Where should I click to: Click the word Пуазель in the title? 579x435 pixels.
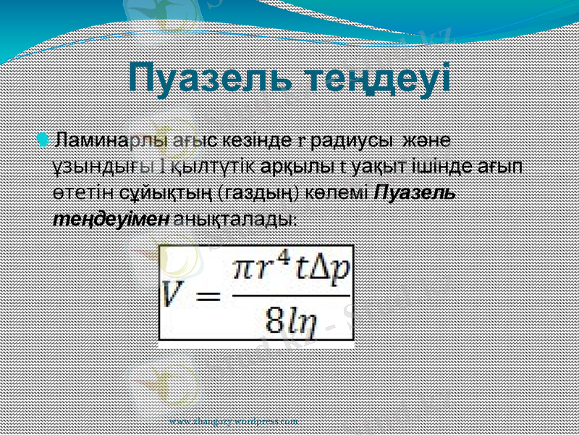point(195,78)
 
